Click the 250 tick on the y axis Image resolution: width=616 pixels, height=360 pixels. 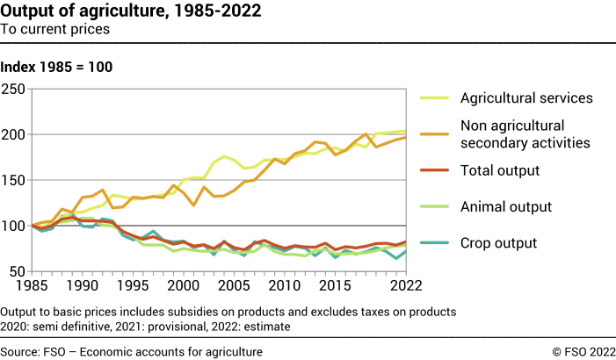tap(13, 89)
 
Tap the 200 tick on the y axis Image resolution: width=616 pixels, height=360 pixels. tap(13, 134)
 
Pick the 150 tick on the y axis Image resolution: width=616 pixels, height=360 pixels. tap(13, 180)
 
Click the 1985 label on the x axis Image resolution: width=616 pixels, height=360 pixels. tap(31, 286)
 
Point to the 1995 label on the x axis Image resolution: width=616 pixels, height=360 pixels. tap(132, 286)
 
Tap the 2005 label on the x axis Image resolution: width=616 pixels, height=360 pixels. tap(233, 286)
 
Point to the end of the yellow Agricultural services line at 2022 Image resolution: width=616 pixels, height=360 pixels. tap(404, 131)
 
